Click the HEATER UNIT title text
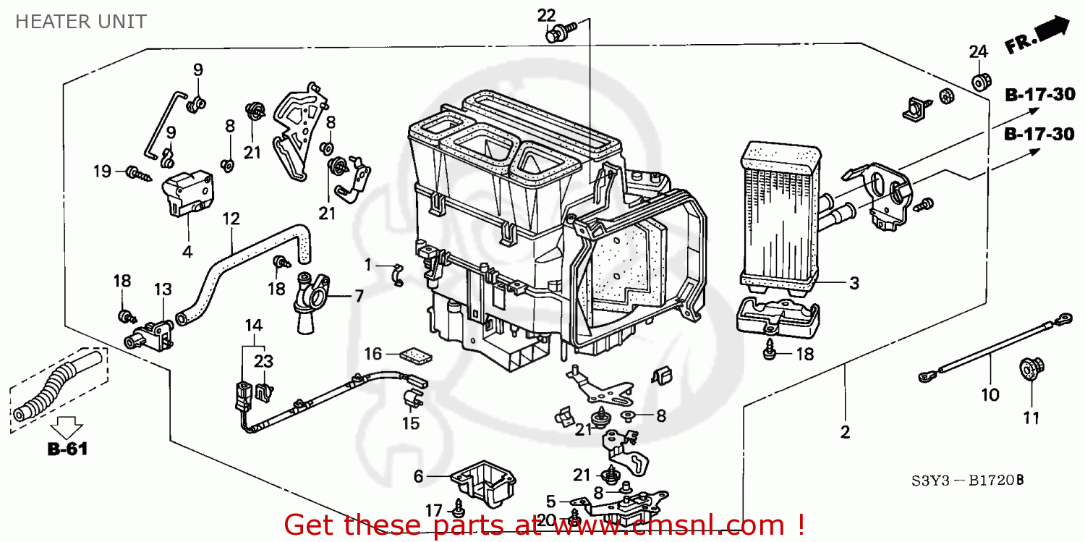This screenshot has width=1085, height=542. [x=80, y=22]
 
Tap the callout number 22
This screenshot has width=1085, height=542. [x=546, y=14]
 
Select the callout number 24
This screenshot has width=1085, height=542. [x=978, y=51]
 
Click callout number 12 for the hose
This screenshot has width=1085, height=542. [x=231, y=218]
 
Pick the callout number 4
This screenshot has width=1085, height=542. [x=187, y=252]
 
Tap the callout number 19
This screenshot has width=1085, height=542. [x=102, y=172]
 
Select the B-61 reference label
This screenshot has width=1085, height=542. [x=67, y=449]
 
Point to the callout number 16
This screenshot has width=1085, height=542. [x=373, y=354]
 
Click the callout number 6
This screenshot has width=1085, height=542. [x=418, y=476]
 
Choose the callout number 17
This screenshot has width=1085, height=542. [x=433, y=511]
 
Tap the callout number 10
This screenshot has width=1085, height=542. [x=990, y=395]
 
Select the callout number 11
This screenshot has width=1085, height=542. [x=1031, y=418]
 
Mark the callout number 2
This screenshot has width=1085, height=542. [x=845, y=433]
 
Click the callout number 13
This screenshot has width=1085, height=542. [x=163, y=289]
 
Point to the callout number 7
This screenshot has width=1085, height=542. [x=358, y=295]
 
